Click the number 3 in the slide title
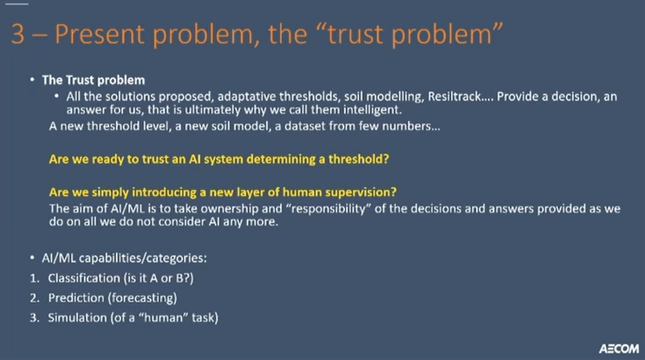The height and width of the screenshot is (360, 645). point(20,36)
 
